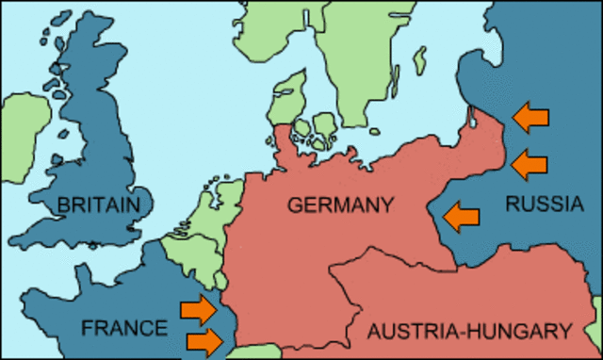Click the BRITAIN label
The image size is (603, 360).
coord(98,205)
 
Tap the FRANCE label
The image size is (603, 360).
coord(124,328)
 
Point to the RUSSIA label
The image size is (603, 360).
coord(541,204)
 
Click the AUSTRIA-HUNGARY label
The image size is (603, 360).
coord(469,331)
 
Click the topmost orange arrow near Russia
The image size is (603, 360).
coord(530,117)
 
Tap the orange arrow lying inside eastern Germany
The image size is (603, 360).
coord(462,216)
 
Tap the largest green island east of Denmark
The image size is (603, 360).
coord(323,126)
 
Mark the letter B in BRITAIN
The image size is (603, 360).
coord(63,205)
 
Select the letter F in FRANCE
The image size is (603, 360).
coord(87,328)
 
